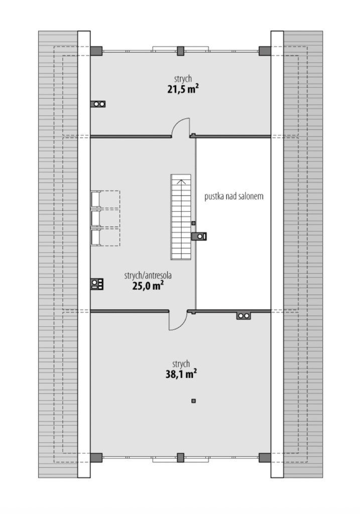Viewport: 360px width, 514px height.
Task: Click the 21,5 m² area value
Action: pos(183,89)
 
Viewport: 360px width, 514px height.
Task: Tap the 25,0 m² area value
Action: pos(148,286)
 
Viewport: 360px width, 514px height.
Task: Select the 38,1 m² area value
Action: pos(181,374)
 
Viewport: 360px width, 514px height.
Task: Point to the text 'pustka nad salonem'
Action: pos(234,196)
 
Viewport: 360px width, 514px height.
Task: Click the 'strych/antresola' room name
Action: pos(148,276)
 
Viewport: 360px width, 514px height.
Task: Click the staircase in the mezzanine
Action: pos(181,217)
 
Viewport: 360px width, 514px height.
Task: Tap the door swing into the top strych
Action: pos(181,126)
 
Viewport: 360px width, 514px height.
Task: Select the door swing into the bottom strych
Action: pos(178,320)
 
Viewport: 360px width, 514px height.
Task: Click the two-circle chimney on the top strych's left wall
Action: pos(98,104)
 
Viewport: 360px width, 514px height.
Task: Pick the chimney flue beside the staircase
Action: pos(199,236)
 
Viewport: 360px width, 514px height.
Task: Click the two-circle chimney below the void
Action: pos(244,316)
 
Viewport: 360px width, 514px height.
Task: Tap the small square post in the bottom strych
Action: pos(193,401)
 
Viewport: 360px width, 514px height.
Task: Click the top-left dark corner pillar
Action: pos(96,51)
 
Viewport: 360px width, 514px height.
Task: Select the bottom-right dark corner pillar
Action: pos(265,458)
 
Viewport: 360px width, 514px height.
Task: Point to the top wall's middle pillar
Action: pos(180,51)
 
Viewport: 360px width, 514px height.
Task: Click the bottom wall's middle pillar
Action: pos(180,458)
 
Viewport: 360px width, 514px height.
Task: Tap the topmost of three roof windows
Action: pos(95,199)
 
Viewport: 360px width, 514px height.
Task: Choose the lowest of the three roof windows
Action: pos(95,237)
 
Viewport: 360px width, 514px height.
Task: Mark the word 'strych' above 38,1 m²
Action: pos(181,364)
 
